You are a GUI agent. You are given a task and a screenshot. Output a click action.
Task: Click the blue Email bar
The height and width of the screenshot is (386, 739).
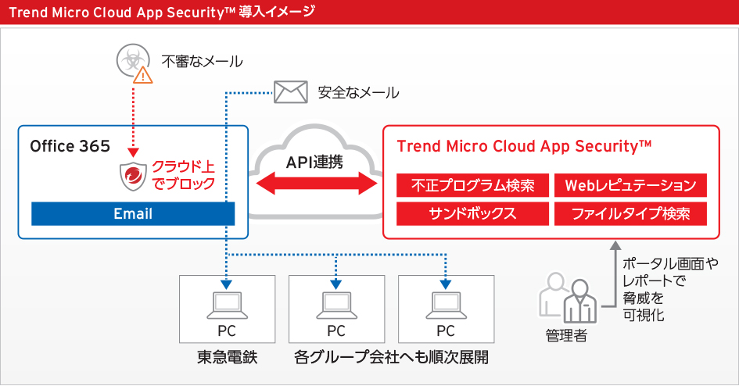133,213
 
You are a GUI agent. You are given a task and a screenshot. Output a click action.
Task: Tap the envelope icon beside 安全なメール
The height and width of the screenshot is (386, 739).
289,92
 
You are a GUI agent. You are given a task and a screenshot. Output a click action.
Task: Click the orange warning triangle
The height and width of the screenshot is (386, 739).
142,75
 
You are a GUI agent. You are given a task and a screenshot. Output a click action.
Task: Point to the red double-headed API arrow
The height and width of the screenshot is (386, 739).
317,186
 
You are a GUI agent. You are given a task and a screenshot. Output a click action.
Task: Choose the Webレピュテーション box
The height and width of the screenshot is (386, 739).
630,186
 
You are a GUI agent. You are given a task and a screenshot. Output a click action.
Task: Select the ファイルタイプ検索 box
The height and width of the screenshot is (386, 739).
630,213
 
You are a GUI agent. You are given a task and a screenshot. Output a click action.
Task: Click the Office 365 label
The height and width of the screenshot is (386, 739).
70,146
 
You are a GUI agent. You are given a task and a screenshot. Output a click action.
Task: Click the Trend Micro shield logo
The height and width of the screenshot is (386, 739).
133,177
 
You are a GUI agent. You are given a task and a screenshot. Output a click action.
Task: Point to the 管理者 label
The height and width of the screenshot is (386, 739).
566,336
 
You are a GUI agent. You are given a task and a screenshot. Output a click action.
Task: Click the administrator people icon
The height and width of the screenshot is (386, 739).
568,298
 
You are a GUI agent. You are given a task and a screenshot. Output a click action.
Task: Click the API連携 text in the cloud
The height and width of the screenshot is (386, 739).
317,162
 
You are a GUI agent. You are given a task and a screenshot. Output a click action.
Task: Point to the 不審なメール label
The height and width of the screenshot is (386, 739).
202,61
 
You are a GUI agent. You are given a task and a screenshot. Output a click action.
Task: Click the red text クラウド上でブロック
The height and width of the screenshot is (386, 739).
183,177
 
